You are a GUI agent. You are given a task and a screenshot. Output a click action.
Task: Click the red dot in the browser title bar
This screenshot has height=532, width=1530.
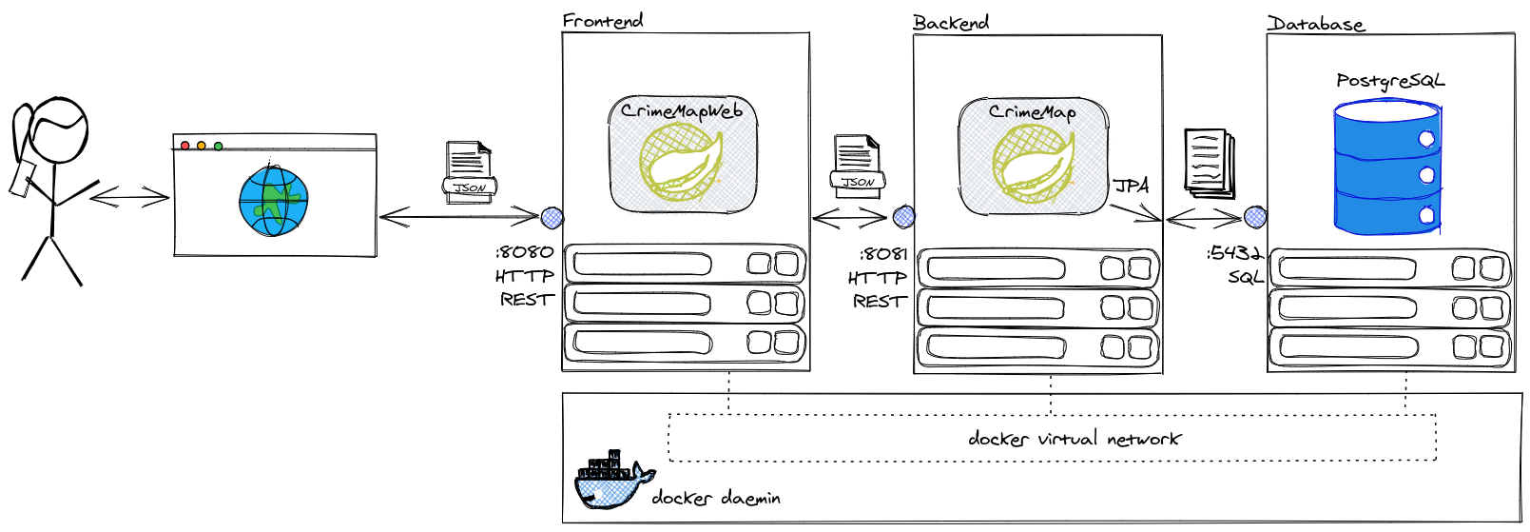pyautogui.click(x=185, y=146)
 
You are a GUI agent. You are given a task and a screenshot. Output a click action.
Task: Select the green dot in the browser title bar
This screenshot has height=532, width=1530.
pyautogui.click(x=218, y=146)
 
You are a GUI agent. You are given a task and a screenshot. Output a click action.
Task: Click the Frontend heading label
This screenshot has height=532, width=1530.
pyautogui.click(x=602, y=20)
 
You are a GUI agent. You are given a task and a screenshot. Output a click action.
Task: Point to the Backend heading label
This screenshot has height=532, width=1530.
pyautogui.click(x=950, y=23)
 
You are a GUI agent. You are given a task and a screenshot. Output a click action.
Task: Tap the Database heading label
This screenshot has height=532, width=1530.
pyautogui.click(x=1316, y=24)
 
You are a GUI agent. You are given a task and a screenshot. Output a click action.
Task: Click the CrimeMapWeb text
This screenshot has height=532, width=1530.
pyautogui.click(x=681, y=111)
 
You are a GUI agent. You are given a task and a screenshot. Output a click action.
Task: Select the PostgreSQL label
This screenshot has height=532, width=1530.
pyautogui.click(x=1389, y=81)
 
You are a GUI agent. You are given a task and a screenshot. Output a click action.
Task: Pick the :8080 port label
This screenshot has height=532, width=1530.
pyautogui.click(x=524, y=253)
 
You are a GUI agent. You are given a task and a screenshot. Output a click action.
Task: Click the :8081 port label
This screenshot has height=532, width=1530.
pyautogui.click(x=883, y=254)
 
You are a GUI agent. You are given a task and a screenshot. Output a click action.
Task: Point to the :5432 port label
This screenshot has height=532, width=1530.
pyautogui.click(x=1234, y=253)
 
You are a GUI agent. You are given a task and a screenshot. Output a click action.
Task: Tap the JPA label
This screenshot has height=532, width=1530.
pyautogui.click(x=1131, y=186)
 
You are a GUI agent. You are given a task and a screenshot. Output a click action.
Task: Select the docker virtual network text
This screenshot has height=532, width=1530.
pyautogui.click(x=1074, y=439)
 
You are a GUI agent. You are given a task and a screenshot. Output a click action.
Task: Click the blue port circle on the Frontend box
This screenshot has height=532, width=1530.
pyautogui.click(x=552, y=217)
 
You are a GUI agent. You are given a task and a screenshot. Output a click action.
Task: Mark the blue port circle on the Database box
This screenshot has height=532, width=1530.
pyautogui.click(x=1255, y=218)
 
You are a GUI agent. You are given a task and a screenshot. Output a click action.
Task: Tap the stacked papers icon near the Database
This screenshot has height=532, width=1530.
pyautogui.click(x=1209, y=163)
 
